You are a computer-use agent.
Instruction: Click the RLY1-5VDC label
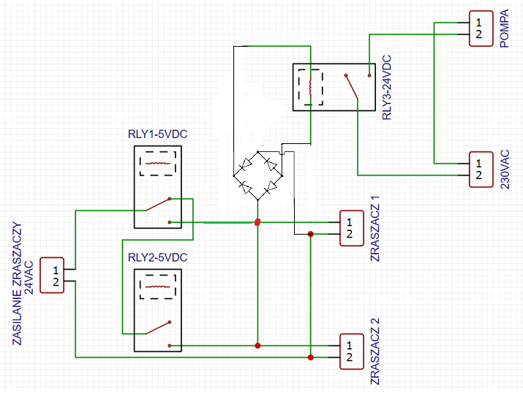point(157,134)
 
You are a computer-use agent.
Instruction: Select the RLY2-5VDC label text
point(157,257)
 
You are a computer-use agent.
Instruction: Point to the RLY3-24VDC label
point(386,88)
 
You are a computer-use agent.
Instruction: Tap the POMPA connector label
point(505,29)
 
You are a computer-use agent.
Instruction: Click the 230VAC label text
point(505,170)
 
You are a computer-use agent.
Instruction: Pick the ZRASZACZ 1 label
point(375,229)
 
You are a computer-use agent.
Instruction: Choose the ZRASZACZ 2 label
point(375,352)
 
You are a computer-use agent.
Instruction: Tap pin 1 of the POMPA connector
point(478,23)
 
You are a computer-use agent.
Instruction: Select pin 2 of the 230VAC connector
point(478,175)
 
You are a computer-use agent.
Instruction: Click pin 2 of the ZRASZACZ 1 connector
point(349,234)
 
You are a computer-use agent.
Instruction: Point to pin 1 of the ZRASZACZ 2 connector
point(349,345)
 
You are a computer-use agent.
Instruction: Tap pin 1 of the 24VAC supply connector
point(56,270)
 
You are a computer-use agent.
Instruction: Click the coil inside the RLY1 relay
point(158,163)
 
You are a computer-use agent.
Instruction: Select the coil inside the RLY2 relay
point(158,287)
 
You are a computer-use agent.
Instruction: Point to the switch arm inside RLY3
point(352,87)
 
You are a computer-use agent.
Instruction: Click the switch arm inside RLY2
point(159,328)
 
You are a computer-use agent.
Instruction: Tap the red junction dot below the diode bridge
point(257,222)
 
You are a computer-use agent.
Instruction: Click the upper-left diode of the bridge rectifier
point(247,164)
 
